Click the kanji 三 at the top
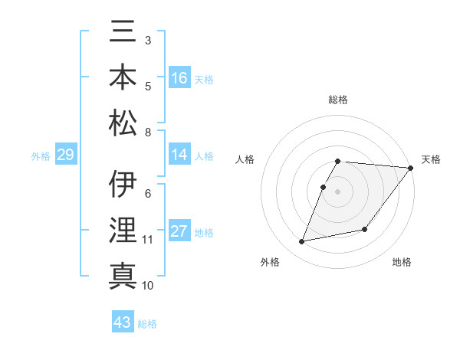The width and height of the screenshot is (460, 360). pyautogui.click(x=123, y=33)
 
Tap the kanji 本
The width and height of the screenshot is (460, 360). pyautogui.click(x=123, y=77)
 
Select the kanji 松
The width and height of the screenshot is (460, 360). pyautogui.click(x=123, y=122)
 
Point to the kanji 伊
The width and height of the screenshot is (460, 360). pyautogui.click(x=123, y=186)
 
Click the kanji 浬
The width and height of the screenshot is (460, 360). pyautogui.click(x=123, y=231)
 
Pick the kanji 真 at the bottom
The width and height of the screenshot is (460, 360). pyautogui.click(x=123, y=275)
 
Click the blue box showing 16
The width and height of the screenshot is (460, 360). pyautogui.click(x=179, y=78)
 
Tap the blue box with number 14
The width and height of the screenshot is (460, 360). pyautogui.click(x=179, y=155)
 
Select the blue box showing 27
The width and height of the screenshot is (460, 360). pyautogui.click(x=179, y=232)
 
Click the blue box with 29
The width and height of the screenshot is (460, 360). pyautogui.click(x=65, y=155)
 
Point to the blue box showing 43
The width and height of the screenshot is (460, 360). pyautogui.click(x=123, y=322)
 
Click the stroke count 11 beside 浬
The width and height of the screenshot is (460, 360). pyautogui.click(x=148, y=240)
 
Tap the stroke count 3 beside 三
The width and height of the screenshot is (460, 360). pyautogui.click(x=147, y=39)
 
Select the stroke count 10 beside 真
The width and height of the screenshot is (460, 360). pyautogui.click(x=148, y=285)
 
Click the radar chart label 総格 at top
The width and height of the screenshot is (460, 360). pyautogui.click(x=338, y=100)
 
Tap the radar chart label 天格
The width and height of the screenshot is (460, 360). pyautogui.click(x=431, y=159)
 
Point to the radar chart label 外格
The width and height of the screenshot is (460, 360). pyautogui.click(x=270, y=262)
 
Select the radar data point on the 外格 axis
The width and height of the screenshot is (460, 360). pyautogui.click(x=302, y=242)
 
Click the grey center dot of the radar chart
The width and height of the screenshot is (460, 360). pyautogui.click(x=337, y=192)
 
